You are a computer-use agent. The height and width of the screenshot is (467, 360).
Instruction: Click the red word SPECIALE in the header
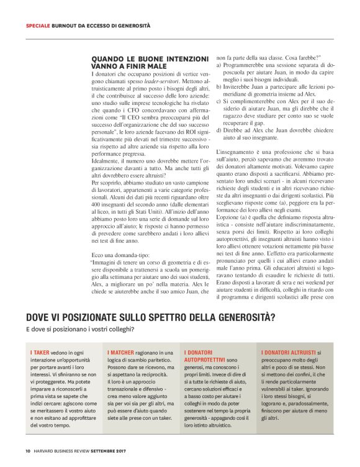pyautogui.click(x=37, y=25)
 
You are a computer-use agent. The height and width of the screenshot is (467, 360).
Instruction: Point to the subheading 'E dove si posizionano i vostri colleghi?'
pyautogui.click(x=79, y=329)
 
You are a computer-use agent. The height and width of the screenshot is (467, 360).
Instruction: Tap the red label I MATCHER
pyautogui.click(x=123, y=352)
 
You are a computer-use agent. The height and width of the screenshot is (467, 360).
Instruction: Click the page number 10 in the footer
pyautogui.click(x=28, y=451)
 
